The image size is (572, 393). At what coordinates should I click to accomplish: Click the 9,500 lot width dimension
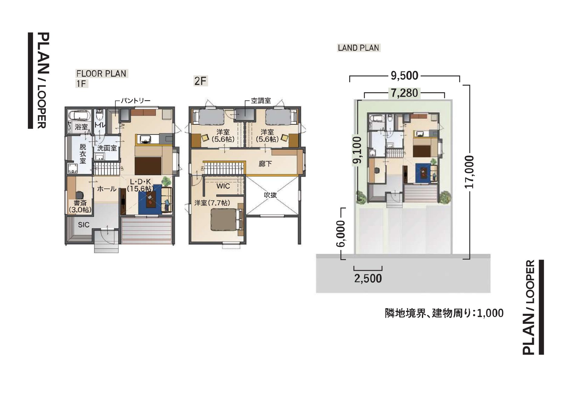click(404, 76)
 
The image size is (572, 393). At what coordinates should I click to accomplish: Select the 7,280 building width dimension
click(404, 93)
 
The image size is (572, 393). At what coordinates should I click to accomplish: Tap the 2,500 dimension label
click(368, 278)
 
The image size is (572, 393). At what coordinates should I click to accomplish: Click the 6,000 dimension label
click(341, 234)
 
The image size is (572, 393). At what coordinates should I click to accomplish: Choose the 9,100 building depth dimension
click(358, 150)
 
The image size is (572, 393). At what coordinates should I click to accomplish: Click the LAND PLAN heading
click(358, 48)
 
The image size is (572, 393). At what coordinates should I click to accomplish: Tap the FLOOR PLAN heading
click(101, 74)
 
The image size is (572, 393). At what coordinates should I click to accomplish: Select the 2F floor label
click(200, 81)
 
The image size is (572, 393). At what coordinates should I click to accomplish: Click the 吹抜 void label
click(270, 195)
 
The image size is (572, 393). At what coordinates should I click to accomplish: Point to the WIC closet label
click(223, 186)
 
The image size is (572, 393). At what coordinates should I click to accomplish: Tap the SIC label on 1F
click(84, 225)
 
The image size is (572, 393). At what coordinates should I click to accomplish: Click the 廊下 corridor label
click(265, 164)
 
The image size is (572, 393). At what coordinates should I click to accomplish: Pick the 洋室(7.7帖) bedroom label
click(212, 203)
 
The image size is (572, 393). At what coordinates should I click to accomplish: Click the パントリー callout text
click(136, 101)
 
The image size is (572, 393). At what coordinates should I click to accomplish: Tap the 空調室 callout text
click(261, 101)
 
